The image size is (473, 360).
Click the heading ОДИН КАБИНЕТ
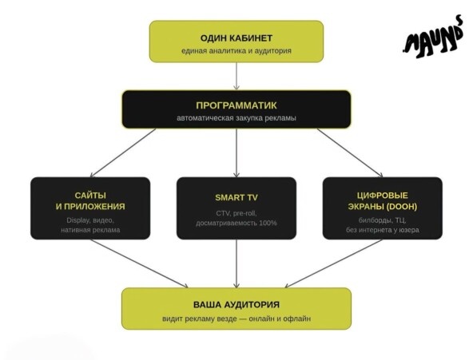pyautogui.click(x=236, y=38)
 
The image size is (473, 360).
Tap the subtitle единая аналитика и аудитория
pyautogui.click(x=236, y=50)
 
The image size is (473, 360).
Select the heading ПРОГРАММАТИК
pyautogui.click(x=236, y=105)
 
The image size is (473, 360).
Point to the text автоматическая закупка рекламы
pyautogui.click(x=236, y=118)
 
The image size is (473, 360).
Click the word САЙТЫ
pyautogui.click(x=90, y=196)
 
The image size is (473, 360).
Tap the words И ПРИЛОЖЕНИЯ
pyautogui.click(x=90, y=207)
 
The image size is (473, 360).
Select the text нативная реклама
pyautogui.click(x=90, y=230)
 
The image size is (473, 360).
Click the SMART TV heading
pyautogui.click(x=236, y=198)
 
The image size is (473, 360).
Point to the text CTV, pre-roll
pyautogui.click(x=236, y=213)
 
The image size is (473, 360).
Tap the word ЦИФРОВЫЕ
pyautogui.click(x=383, y=196)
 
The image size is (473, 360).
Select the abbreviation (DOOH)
pyautogui.click(x=401, y=207)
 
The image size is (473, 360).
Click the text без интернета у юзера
pyautogui.click(x=383, y=230)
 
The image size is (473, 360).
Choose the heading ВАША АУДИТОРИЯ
pyautogui.click(x=236, y=305)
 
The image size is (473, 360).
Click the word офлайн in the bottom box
pyautogui.click(x=300, y=318)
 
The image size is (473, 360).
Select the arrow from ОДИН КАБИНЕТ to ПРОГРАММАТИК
pyautogui.click(x=236, y=76)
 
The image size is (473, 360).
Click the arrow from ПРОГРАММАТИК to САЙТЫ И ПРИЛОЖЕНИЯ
pyautogui.click(x=123, y=152)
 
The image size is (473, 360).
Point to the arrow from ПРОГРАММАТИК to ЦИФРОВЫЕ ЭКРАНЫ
pyautogui.click(x=350, y=152)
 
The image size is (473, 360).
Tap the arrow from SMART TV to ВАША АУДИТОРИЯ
pyautogui.click(x=236, y=263)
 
